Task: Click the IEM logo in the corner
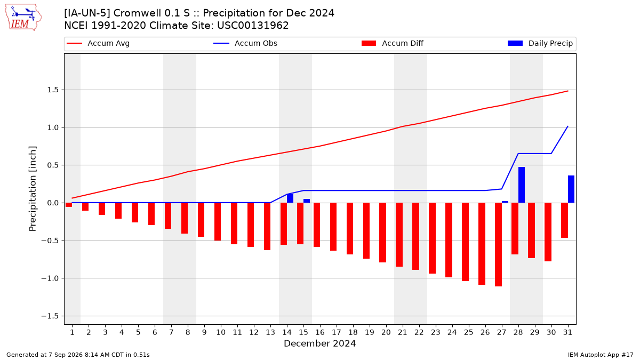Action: (23, 18)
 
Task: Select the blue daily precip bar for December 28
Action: (522, 185)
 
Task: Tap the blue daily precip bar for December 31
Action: (571, 189)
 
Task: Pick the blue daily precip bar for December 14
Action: (290, 198)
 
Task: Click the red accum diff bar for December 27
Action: (498, 245)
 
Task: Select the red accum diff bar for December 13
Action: (267, 227)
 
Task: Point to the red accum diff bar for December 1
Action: (69, 205)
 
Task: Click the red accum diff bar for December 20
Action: (382, 233)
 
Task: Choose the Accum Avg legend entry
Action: (98, 43)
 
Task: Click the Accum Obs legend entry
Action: (245, 43)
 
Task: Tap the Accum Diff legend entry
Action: (393, 43)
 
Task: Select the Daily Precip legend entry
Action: (540, 43)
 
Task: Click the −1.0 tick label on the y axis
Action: (50, 278)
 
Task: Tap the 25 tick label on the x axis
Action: (469, 332)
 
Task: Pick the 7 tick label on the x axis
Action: (171, 332)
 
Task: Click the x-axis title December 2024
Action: (319, 343)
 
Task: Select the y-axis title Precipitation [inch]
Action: (33, 189)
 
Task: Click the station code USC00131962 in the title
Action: (253, 26)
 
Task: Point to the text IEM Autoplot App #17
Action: (601, 355)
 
